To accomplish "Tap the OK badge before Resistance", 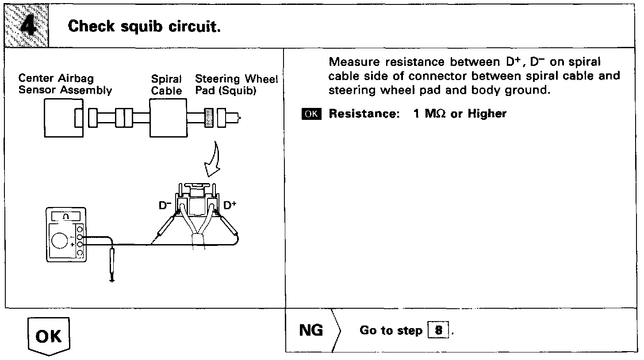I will tap(311, 114).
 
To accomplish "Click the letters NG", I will tap(311, 330).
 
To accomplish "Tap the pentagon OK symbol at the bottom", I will tap(49, 336).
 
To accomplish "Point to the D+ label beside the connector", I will tap(230, 206).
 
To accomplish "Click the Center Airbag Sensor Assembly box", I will tap(62, 118).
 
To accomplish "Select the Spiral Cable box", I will tap(168, 118).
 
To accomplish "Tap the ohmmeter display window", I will tap(66, 216).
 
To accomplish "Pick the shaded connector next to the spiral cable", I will tap(210, 118).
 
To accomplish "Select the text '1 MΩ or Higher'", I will tap(460, 114).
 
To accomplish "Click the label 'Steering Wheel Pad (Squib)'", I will tap(236, 85).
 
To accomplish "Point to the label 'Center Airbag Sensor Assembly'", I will tap(65, 85).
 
